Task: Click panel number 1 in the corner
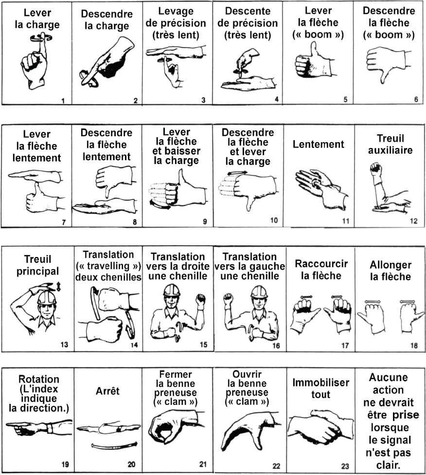click(64, 101)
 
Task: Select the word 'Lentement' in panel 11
click(319, 144)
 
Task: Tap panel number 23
click(345, 466)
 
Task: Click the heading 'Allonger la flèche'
click(390, 271)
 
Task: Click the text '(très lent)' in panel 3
click(176, 35)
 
